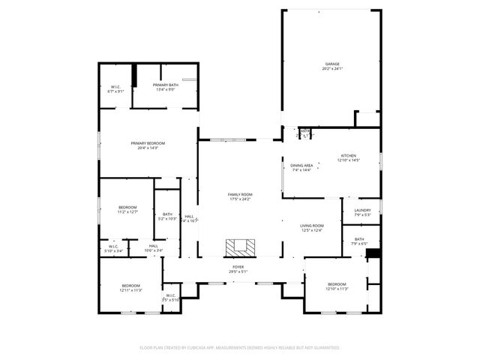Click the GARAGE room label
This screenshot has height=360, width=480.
tap(333, 64)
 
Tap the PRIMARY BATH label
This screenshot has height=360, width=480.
tap(165, 86)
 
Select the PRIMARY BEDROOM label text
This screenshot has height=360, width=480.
tap(148, 143)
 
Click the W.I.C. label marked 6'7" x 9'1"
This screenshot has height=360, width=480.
tap(116, 87)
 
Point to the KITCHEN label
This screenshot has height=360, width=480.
tap(349, 155)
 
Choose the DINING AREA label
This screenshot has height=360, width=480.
tap(302, 165)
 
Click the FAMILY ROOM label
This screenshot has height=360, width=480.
tap(240, 194)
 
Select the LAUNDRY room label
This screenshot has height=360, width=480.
tap(362, 210)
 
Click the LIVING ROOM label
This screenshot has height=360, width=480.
tap(311, 226)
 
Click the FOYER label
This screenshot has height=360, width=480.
tap(238, 267)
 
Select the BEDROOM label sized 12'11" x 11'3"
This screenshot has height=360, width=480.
tap(131, 285)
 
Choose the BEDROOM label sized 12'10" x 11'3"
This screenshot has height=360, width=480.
tap(337, 284)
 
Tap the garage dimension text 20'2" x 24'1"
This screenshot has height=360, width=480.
tap(333, 68)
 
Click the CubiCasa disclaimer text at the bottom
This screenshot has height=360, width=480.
tap(240, 347)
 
